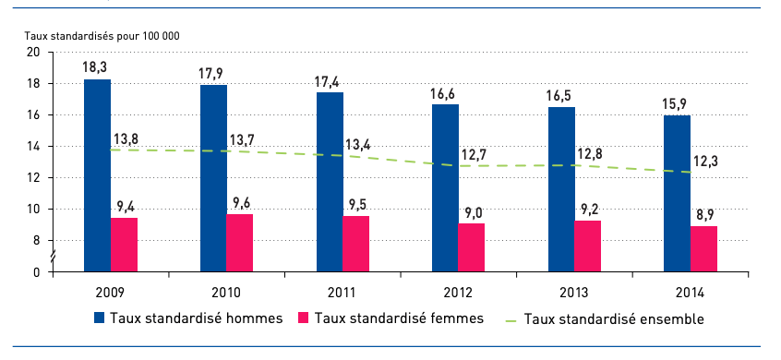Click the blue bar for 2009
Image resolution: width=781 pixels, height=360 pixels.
[x=97, y=175]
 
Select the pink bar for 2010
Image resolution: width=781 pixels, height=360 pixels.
[x=240, y=243]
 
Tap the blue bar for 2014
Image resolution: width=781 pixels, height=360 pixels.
[x=677, y=193]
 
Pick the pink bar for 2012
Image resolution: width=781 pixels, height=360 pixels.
[x=471, y=247]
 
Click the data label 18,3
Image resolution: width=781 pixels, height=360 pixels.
[x=97, y=67]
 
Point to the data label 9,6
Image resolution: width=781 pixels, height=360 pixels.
[x=242, y=202]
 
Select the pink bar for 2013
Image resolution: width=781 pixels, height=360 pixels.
[x=587, y=246]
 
